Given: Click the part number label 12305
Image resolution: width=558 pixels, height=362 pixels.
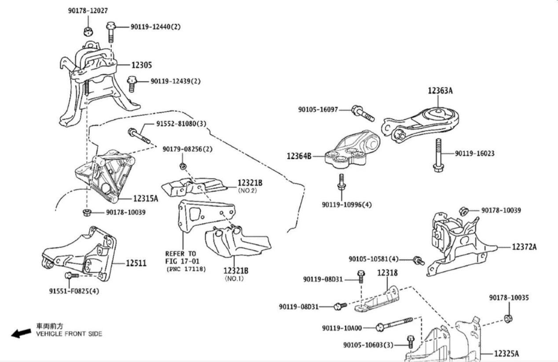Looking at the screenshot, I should [x=141, y=65].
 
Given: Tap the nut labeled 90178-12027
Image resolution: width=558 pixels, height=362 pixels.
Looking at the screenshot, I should [x=88, y=31].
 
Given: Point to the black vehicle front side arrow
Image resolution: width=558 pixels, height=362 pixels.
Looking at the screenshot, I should [x=21, y=333].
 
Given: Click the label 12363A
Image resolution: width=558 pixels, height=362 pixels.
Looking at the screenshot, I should [x=440, y=91].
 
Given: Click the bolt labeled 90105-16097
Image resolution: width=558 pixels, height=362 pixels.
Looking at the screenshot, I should [x=362, y=113].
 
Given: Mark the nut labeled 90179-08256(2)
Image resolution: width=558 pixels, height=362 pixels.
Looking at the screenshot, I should [x=183, y=166].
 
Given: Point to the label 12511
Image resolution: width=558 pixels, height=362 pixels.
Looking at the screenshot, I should [x=136, y=263].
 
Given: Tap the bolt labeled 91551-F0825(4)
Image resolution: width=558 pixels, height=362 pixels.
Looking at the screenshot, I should [x=71, y=275].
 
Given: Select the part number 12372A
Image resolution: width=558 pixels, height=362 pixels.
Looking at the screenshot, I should [x=524, y=247].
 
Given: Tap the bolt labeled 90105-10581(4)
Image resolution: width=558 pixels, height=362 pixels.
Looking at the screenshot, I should [x=418, y=261].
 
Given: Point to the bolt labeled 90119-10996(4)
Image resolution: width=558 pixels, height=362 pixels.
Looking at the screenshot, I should [x=341, y=183].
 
